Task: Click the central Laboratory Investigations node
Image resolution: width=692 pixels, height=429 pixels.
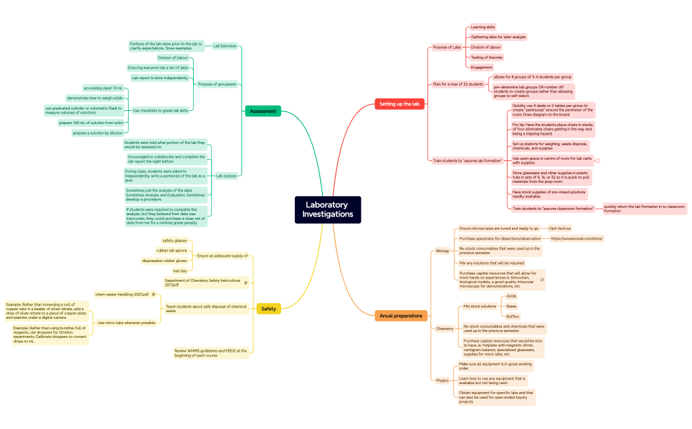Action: (328, 210)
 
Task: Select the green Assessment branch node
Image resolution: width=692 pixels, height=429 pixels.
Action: (263, 112)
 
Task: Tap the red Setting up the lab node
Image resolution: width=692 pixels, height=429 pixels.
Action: (400, 104)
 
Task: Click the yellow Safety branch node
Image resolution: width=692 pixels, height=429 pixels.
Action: (268, 309)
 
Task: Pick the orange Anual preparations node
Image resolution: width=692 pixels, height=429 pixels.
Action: (400, 316)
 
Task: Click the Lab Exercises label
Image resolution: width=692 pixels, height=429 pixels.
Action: (224, 46)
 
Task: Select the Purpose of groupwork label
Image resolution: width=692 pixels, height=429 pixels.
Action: (217, 84)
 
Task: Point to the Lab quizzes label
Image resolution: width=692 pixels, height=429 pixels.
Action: (226, 176)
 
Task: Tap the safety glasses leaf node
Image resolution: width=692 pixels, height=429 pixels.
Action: (175, 240)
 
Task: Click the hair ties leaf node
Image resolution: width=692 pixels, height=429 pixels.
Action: (180, 271)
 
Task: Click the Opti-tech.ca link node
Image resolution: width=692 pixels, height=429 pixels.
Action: (559, 228)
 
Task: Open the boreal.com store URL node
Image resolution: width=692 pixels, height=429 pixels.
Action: (577, 238)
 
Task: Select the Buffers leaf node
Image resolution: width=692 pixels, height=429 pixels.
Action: (513, 316)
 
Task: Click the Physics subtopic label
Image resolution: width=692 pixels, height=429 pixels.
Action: (442, 380)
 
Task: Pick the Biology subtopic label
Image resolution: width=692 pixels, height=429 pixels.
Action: (442, 251)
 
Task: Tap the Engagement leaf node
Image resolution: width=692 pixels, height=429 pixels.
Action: (481, 67)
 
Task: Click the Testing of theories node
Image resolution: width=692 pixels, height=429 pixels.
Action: (486, 57)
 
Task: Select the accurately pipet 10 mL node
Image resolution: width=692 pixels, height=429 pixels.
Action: (103, 88)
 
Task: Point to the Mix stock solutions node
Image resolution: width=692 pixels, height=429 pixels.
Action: (480, 306)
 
